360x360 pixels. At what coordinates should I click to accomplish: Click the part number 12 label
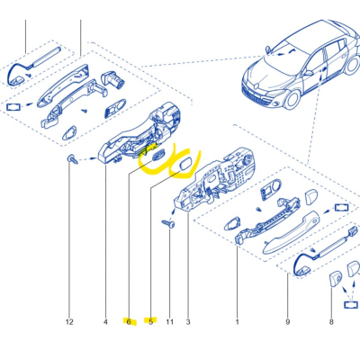(x=67, y=321)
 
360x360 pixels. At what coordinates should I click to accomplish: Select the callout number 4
(x=105, y=321)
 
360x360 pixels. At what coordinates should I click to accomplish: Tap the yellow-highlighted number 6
(x=129, y=321)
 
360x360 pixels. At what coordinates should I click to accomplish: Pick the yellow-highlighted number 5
(x=150, y=321)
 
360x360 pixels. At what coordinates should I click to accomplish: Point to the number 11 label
(x=169, y=321)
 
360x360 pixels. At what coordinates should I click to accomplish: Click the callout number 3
(x=188, y=321)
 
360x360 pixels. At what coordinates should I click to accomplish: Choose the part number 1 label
(x=238, y=321)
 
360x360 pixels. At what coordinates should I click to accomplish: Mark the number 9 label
(x=288, y=321)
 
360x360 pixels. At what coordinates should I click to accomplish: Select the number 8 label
(x=330, y=321)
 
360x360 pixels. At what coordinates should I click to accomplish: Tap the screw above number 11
(x=168, y=221)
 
